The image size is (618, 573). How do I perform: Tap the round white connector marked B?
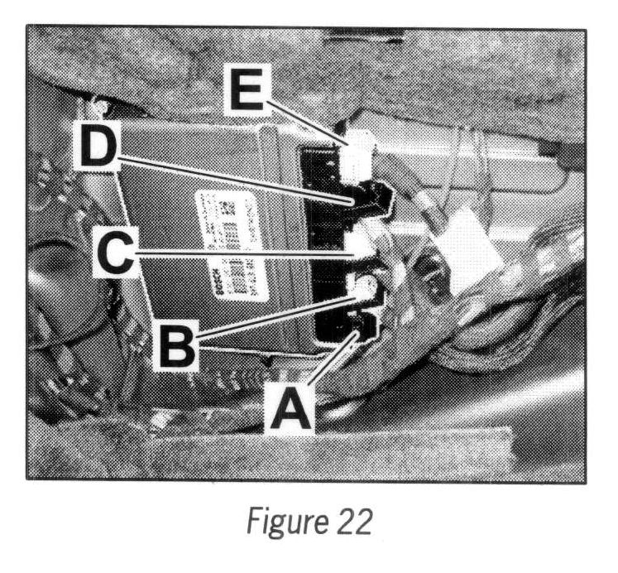coord(364,286)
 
